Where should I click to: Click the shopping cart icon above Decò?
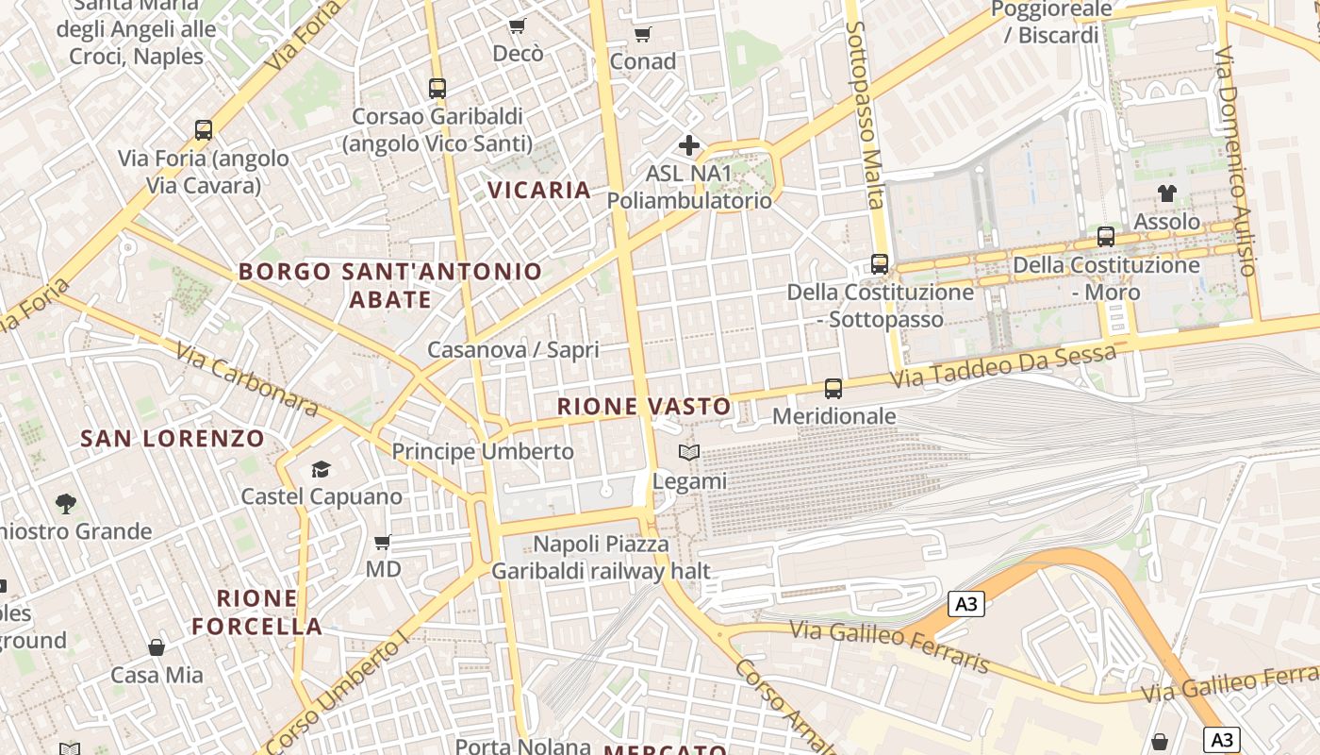coord(517,25)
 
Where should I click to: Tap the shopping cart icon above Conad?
coord(643,35)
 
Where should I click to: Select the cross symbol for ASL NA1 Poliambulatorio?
coord(689,145)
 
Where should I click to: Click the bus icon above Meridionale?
coord(833,388)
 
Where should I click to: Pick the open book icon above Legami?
coord(689,453)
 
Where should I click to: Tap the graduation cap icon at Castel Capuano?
coord(322,469)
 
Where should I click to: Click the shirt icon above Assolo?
coord(1167,193)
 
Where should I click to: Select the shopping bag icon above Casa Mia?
coord(157,647)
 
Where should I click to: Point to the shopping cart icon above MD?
coord(383,542)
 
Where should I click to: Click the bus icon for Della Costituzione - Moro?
coord(1106,237)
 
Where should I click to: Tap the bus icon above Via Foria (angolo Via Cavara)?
coord(204,130)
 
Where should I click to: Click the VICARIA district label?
coord(539,190)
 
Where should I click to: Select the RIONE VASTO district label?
coord(644,407)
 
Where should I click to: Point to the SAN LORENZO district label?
coord(173,439)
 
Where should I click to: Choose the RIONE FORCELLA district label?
coord(257,612)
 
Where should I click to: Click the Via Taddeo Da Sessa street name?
coord(1004,365)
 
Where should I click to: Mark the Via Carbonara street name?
coord(247,377)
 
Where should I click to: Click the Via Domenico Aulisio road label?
coord(1236,160)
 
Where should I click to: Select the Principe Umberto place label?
coord(483,451)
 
